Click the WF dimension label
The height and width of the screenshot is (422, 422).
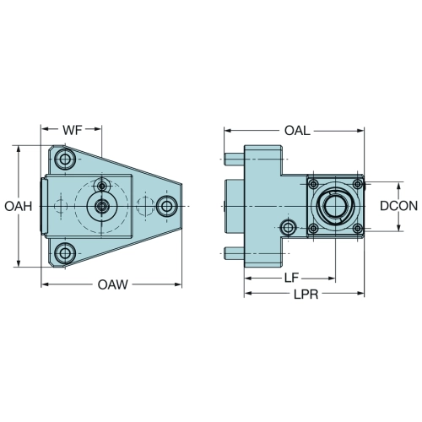(x=73, y=130)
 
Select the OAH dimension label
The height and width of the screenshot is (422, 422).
(x=19, y=207)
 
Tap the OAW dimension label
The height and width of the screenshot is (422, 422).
(x=112, y=284)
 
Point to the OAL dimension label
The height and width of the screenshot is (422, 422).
(x=297, y=131)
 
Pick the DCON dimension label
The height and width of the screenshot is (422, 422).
(x=398, y=206)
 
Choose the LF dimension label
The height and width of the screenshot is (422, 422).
(x=291, y=278)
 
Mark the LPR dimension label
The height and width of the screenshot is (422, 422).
(x=306, y=295)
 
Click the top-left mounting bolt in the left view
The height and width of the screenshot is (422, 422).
(x=65, y=160)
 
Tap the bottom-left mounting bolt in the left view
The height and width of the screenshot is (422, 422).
(x=65, y=253)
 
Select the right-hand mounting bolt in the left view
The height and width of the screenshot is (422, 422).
(x=167, y=206)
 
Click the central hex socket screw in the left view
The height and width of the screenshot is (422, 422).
(x=101, y=207)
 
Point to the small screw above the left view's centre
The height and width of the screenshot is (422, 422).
(x=101, y=186)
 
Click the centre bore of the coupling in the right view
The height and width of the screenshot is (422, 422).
(x=335, y=206)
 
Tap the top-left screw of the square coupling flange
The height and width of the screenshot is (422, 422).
(x=313, y=185)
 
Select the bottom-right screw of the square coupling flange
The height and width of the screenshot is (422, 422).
(x=358, y=228)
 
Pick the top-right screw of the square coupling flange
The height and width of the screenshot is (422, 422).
(x=358, y=185)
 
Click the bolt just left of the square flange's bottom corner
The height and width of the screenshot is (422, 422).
(x=289, y=227)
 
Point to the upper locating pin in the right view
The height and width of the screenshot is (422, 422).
(x=235, y=160)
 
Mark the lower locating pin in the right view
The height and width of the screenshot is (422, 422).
(x=235, y=253)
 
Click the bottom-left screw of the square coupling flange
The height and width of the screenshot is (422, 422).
(x=313, y=228)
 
